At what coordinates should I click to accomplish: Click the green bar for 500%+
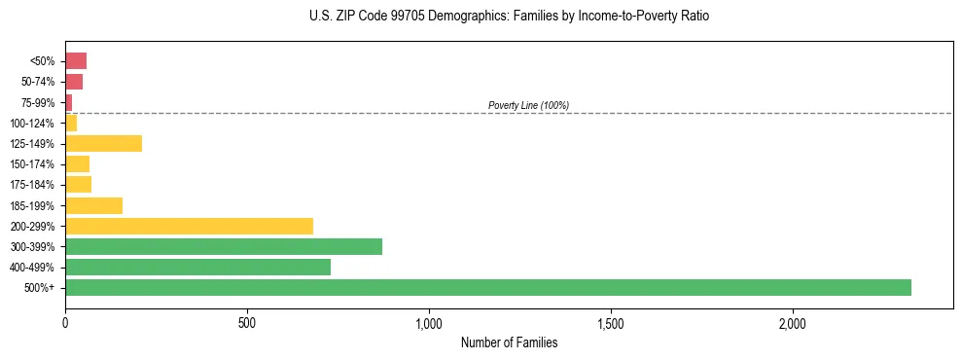click(487, 287)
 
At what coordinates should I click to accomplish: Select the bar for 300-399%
click(224, 246)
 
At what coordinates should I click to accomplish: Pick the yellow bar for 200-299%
click(189, 226)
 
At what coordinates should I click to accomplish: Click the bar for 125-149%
click(103, 144)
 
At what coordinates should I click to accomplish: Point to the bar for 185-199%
click(93, 205)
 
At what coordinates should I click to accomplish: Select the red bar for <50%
click(76, 61)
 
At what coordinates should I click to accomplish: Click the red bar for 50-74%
click(74, 82)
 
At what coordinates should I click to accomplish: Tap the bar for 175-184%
click(78, 185)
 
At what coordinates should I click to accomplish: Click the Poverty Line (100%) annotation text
click(528, 105)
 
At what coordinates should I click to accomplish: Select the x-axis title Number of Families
click(509, 343)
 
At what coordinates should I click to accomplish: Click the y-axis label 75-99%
click(37, 103)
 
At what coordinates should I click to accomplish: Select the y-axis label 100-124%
click(33, 124)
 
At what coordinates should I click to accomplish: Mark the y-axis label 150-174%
click(33, 164)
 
